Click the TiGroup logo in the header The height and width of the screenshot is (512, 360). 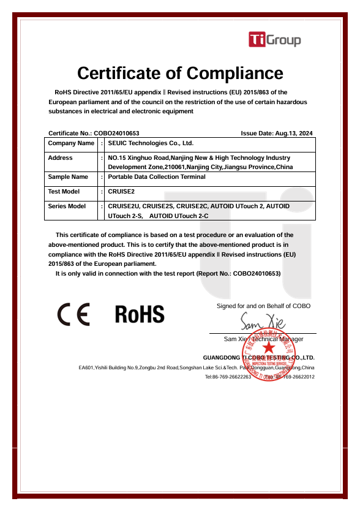(274, 40)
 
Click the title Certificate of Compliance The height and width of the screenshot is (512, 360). (180, 73)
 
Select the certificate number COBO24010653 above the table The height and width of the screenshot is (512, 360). (116, 133)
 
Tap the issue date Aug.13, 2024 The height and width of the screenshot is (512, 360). (294, 133)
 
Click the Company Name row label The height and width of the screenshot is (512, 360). (71, 143)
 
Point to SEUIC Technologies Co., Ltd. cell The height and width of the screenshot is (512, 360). (151, 143)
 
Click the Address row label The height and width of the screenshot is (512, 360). (60, 158)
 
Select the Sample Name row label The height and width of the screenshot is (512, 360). (68, 177)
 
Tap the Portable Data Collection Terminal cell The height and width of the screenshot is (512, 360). (156, 177)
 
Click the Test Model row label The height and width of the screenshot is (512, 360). (64, 192)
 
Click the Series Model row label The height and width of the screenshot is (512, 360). (67, 206)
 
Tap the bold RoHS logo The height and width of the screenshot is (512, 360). (140, 314)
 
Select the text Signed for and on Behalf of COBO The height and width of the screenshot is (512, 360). (263, 305)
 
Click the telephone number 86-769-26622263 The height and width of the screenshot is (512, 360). (228, 377)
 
